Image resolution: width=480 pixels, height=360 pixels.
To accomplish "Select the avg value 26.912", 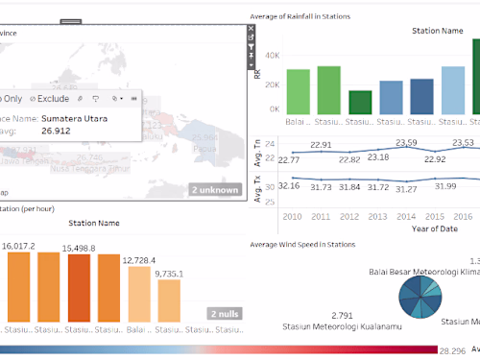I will coord(56,131).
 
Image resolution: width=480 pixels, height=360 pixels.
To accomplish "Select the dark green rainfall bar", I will coord(360,102).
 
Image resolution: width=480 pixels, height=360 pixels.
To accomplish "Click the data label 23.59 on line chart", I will coord(406,143).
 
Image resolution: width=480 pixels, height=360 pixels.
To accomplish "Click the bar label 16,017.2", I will coord(19,246).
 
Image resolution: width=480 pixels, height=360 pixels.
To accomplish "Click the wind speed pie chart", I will coord(419,293).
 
